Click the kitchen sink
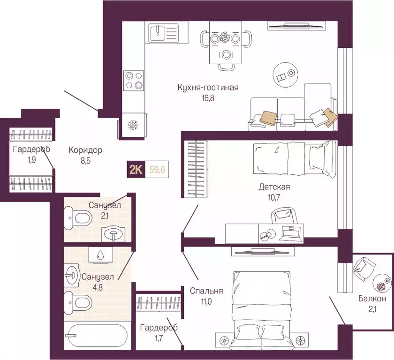pyautogui.click(x=163, y=33)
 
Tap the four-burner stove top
pyautogui.click(x=134, y=80)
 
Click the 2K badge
pyautogui.click(x=136, y=170)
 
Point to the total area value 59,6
pyautogui.click(x=157, y=170)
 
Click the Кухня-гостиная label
pyautogui.click(x=208, y=88)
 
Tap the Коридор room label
pyautogui.click(x=85, y=150)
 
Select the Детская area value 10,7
pyautogui.click(x=274, y=197)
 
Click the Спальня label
pyautogui.click(x=206, y=291)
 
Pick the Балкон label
pyautogui.click(x=372, y=299)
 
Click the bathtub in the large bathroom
pyautogui.click(x=97, y=336)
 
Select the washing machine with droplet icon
pyautogui.click(x=100, y=255)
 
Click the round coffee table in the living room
pyautogui.click(x=286, y=75)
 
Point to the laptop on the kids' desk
pyautogui.click(x=291, y=233)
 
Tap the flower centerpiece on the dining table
pyautogui.click(x=224, y=37)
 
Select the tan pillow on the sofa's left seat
pyautogui.click(x=268, y=118)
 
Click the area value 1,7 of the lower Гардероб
pyautogui.click(x=159, y=338)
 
